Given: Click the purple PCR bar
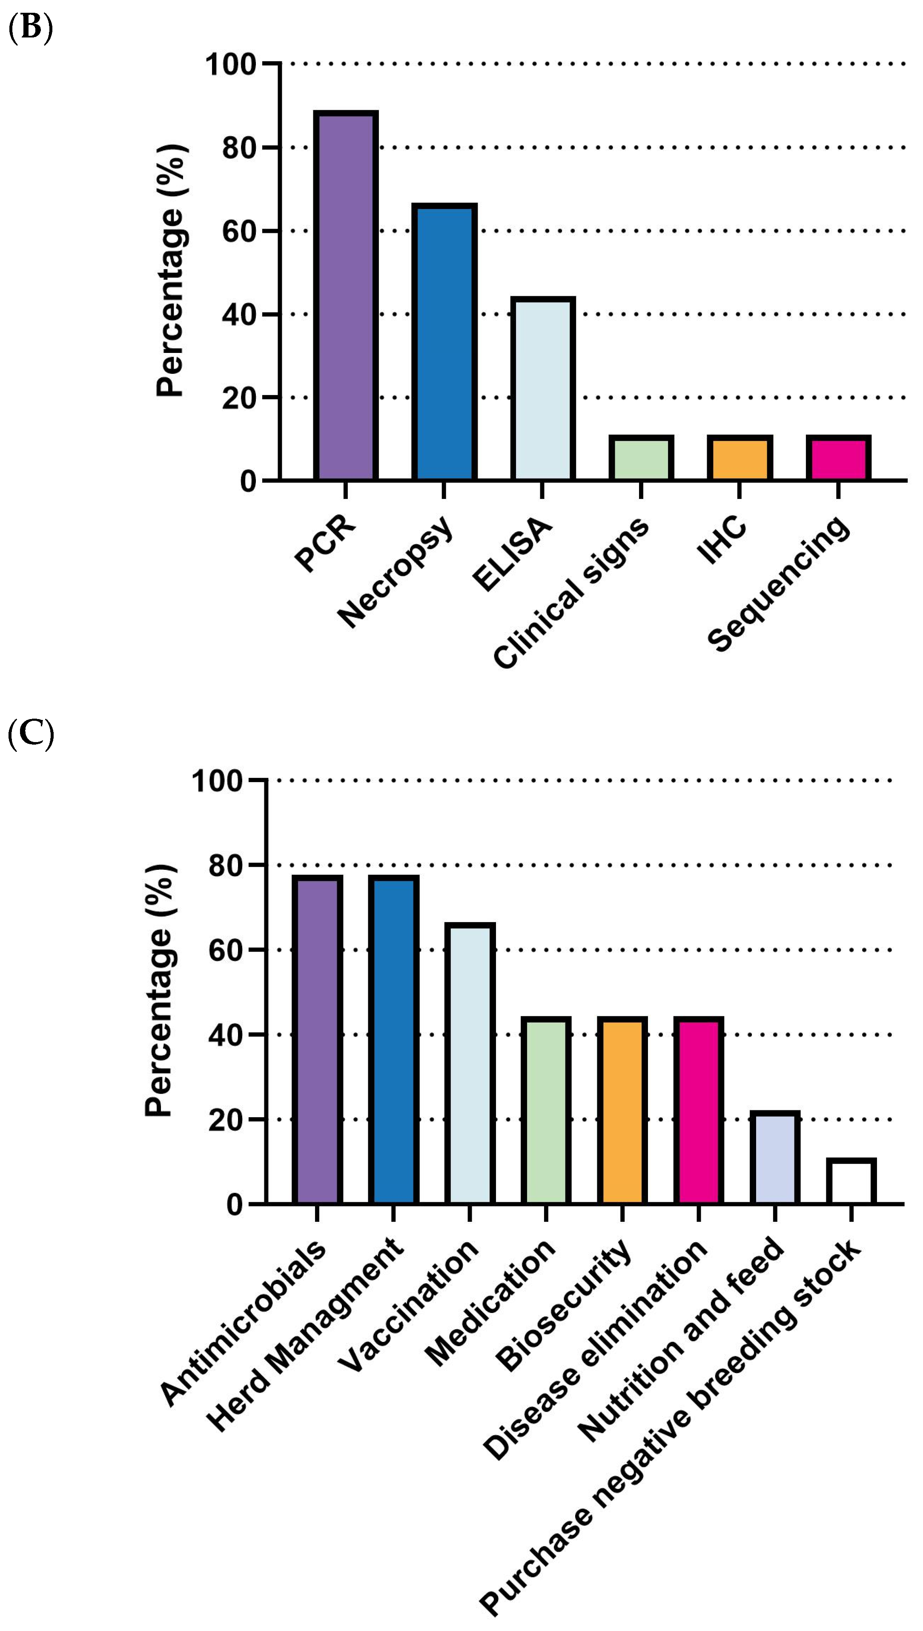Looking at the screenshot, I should point(346,295).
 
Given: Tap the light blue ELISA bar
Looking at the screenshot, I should point(543,389).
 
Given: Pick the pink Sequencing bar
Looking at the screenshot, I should point(838,458).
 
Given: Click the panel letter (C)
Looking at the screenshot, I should point(30,734).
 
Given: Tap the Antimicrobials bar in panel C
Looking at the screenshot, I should point(317,1040).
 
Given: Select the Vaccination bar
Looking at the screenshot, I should point(470,1063).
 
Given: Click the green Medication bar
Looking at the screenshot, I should point(546,1111).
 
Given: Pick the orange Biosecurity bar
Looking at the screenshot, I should point(622,1111).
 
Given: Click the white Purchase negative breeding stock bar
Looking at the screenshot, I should point(851,1181).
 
